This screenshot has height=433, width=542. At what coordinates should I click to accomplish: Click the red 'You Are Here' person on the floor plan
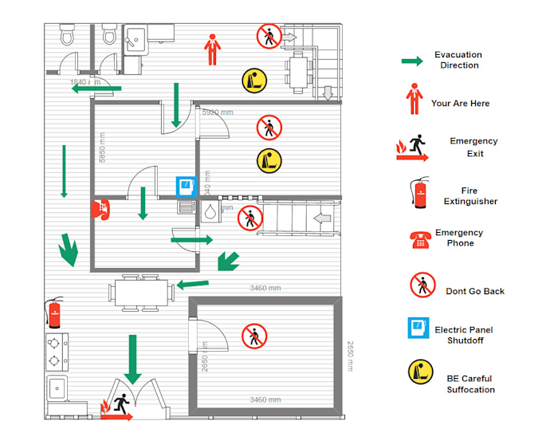click(x=211, y=49)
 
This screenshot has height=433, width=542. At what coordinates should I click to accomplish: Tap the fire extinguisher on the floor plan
click(x=54, y=314)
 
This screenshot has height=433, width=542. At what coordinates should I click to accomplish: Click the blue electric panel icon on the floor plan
click(x=185, y=186)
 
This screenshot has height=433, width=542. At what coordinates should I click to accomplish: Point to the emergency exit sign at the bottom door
click(x=116, y=407)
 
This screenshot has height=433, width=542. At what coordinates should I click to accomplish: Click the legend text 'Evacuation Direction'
click(x=459, y=60)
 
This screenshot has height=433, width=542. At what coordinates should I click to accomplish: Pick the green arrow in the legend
click(x=411, y=61)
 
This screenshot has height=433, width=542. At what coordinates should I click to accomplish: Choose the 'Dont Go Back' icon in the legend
click(x=422, y=285)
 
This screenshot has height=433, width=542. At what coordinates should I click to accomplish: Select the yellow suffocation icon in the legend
click(x=421, y=372)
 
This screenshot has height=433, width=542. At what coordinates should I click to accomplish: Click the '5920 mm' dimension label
click(x=218, y=113)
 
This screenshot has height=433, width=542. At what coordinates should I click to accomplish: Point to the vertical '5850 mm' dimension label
click(x=102, y=148)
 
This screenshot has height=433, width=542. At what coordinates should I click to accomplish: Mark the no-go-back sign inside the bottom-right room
click(x=254, y=335)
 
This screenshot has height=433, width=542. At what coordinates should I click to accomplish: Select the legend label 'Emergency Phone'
click(x=459, y=238)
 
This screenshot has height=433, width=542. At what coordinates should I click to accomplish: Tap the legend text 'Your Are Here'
click(x=460, y=104)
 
